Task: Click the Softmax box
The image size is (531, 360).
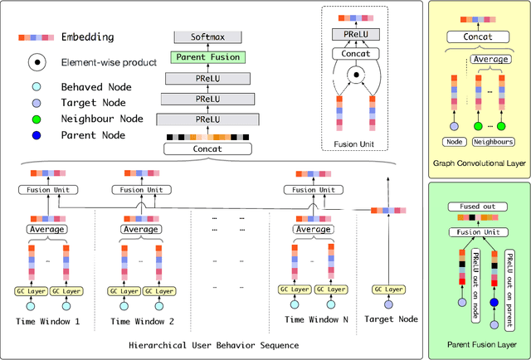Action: [207, 37]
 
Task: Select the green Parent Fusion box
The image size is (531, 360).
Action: [207, 56]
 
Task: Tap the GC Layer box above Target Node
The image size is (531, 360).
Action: [387, 289]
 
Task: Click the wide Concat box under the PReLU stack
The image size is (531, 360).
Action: [207, 148]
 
